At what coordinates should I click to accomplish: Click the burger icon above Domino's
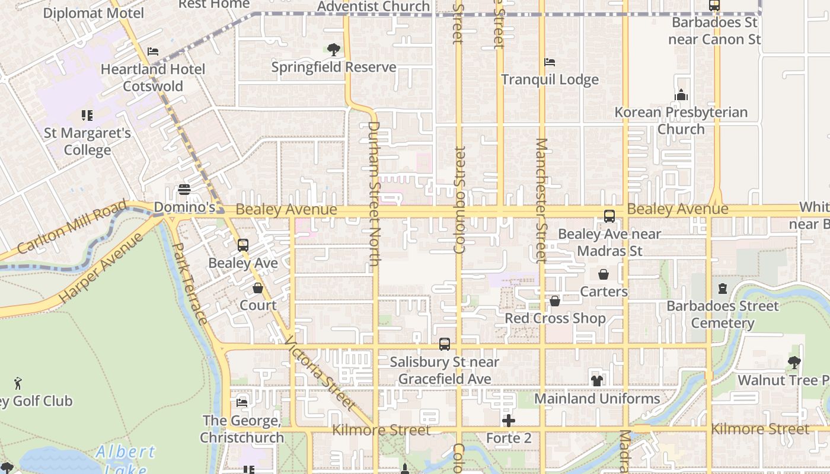[184, 190]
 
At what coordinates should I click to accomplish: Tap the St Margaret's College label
[87, 142]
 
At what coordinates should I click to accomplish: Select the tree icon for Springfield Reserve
[334, 49]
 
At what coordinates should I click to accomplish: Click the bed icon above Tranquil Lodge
[550, 62]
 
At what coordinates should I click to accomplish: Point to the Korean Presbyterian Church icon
[681, 95]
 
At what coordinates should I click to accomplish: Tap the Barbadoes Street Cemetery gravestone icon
[722, 289]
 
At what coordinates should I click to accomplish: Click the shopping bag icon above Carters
[604, 274]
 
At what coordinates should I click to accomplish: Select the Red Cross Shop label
[555, 318]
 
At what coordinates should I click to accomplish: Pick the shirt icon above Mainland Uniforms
[597, 381]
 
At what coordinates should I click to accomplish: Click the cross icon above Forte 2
[508, 421]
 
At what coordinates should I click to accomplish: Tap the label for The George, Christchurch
[242, 429]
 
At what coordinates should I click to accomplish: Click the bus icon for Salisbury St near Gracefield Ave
[445, 344]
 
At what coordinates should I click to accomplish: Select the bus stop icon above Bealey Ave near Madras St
[609, 216]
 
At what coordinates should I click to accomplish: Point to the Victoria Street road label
[321, 374]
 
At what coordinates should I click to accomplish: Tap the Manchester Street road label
[541, 200]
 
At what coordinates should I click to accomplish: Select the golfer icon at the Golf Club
[18, 384]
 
